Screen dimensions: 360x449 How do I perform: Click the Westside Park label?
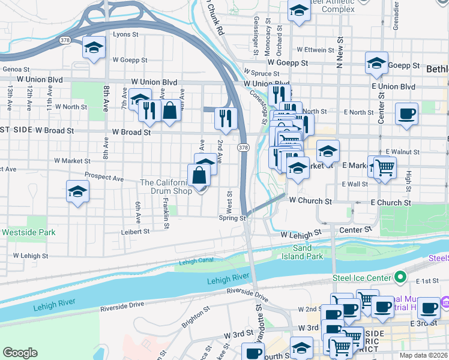[x=28, y=232]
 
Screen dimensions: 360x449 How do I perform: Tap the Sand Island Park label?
[x=303, y=252]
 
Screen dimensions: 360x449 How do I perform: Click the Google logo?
[x=20, y=353]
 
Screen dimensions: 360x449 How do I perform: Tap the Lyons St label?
[x=125, y=35]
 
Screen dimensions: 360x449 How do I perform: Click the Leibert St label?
[x=135, y=231]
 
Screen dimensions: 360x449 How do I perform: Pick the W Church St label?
[x=310, y=201]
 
